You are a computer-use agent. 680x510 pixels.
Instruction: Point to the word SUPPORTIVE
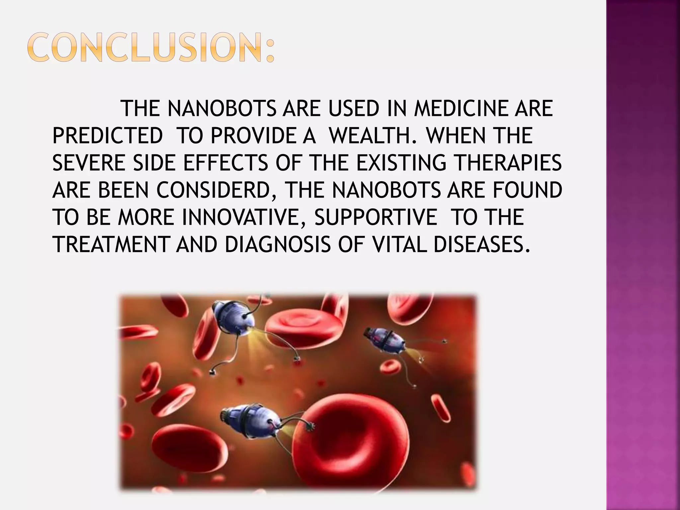(x=376, y=217)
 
